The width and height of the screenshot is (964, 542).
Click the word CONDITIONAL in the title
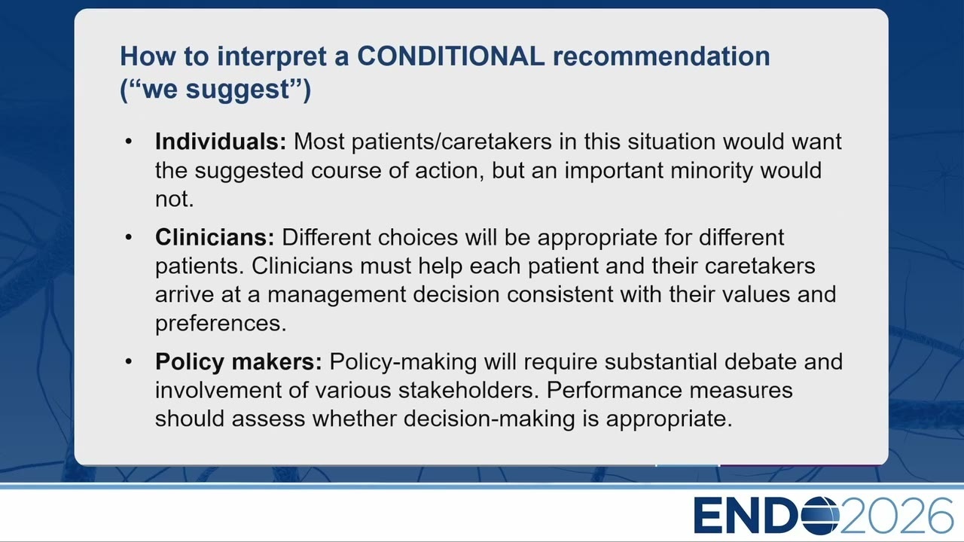[x=451, y=56]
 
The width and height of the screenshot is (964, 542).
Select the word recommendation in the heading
[x=661, y=56]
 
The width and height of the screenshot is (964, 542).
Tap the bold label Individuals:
[x=221, y=141]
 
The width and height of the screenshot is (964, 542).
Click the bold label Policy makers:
[x=239, y=362]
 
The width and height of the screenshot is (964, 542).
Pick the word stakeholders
[x=469, y=390]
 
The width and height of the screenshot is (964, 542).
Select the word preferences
[x=221, y=324]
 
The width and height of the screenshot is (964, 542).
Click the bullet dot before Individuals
[x=129, y=142]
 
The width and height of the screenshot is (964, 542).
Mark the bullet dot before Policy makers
[x=129, y=362]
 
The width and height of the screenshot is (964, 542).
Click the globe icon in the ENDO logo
[x=821, y=516]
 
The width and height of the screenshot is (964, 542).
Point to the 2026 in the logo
[x=896, y=516]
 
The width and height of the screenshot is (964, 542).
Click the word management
[x=337, y=295]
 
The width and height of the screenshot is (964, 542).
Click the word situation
[x=671, y=141]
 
